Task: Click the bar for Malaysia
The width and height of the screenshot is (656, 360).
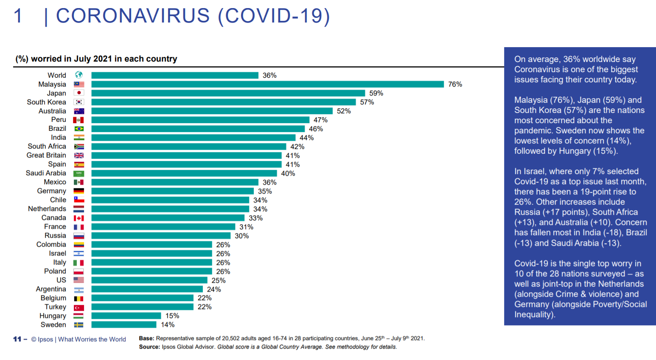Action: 267,84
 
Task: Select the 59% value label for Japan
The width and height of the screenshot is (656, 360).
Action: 376,93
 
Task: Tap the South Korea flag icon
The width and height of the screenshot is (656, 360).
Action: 79,102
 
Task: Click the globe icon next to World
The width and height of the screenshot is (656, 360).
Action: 79,75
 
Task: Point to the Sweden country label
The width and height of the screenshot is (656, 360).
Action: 53,325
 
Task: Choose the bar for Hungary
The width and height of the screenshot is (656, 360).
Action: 126,316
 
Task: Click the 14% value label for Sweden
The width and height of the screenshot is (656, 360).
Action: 168,325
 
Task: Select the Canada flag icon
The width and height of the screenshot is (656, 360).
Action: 79,218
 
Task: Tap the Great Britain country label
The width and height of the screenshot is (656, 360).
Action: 46,155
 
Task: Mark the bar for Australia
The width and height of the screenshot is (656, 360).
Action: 212,111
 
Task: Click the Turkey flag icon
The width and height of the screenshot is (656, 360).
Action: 79,307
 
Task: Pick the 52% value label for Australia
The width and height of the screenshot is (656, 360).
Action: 344,111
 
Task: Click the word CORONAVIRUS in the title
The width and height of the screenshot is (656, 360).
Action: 133,16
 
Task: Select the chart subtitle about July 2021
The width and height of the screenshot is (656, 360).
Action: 96,59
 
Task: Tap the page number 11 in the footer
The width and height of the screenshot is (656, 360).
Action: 17,339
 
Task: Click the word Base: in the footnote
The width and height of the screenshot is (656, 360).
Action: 146,338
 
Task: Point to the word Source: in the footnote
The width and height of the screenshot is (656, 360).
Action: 149,347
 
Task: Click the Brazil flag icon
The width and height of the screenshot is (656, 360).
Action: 79,129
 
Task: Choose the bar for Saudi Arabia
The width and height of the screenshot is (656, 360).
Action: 184,174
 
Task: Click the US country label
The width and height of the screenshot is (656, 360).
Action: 61,280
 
